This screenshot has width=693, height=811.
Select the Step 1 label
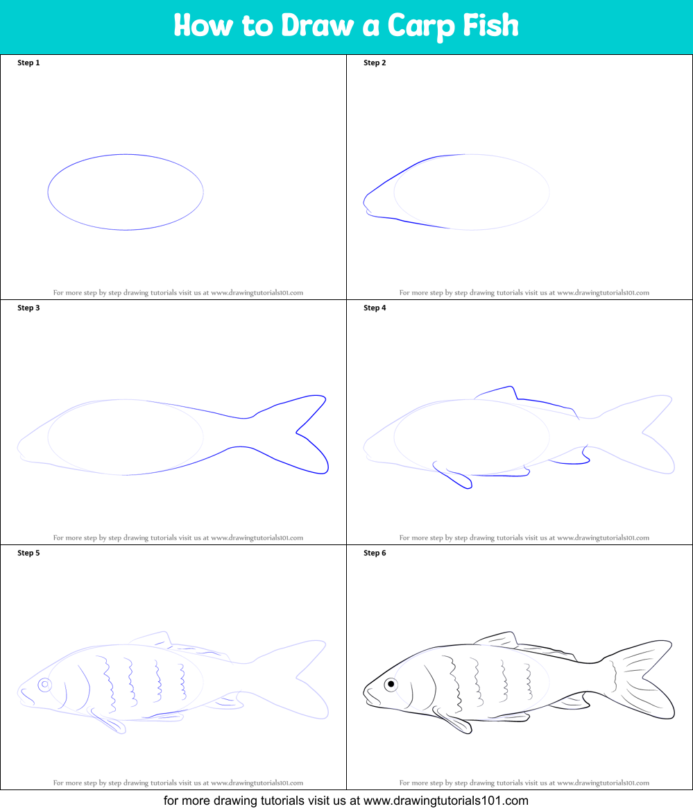[x=28, y=62]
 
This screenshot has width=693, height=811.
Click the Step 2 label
[x=375, y=62]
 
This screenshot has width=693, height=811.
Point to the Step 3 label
[x=28, y=308]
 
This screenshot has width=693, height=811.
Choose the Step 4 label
[x=375, y=308]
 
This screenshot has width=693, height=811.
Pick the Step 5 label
[x=28, y=553]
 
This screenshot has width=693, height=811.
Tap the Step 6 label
[x=375, y=553]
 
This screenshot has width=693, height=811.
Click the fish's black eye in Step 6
[x=391, y=685]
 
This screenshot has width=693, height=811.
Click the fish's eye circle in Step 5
[x=45, y=685]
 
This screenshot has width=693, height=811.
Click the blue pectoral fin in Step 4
[x=452, y=476]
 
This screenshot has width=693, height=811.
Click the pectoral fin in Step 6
[x=453, y=721]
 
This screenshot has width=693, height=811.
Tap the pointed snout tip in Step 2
[x=364, y=202]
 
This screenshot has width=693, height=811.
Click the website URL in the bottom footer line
[x=446, y=801]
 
